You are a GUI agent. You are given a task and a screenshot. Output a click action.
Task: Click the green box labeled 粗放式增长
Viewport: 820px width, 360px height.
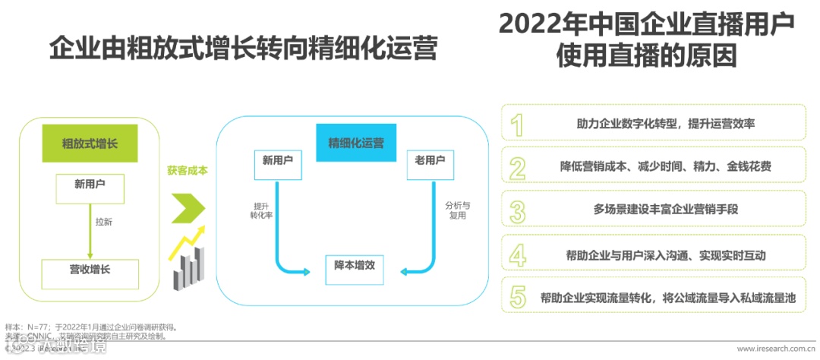point(89,143)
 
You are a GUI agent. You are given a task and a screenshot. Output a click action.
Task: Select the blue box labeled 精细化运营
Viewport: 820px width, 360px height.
point(355,142)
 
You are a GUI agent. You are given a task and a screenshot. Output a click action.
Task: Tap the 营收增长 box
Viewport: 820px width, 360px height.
point(89,269)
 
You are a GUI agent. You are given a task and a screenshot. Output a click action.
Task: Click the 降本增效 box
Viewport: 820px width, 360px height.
point(355,266)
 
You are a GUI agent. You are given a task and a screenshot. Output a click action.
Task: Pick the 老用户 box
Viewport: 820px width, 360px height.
point(430,161)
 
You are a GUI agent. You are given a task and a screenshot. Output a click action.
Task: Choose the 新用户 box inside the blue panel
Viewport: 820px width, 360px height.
point(277,161)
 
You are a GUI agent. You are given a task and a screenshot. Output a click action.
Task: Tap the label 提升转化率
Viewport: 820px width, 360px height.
point(261,210)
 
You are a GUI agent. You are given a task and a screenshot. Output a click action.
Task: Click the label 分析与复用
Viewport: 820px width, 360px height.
point(456,210)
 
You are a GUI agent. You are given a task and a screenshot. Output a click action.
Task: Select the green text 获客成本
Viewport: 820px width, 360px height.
point(187,171)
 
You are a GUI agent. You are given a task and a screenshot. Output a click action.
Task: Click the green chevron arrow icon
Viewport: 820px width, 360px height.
point(188,207)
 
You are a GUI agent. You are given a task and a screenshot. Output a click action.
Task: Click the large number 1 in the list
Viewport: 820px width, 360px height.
point(517,124)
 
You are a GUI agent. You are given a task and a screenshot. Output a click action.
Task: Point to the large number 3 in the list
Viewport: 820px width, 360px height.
point(517,210)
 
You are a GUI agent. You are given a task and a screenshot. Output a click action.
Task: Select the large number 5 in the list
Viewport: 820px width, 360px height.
point(517,297)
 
